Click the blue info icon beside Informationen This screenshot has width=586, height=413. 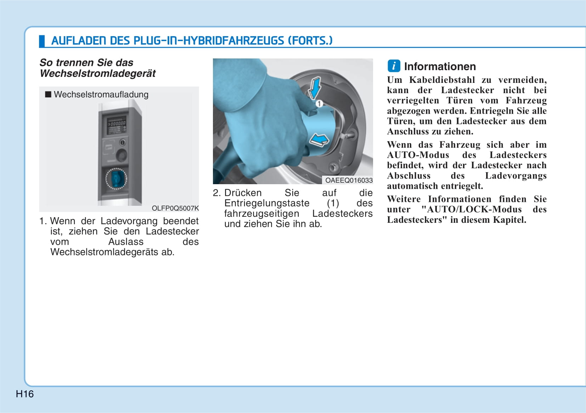click(x=394, y=66)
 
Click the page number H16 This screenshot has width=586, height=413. click(x=25, y=394)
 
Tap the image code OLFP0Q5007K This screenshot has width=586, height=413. click(x=175, y=208)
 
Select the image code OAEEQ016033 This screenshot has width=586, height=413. click(x=349, y=180)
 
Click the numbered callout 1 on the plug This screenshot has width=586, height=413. click(x=319, y=104)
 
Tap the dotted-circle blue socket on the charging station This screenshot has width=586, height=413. click(x=116, y=179)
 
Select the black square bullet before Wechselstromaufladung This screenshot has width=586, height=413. click(x=48, y=95)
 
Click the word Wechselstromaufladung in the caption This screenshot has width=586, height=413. click(x=101, y=95)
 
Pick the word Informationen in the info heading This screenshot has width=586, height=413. click(x=440, y=67)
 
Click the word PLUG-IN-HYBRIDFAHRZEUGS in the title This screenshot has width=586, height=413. click(x=208, y=41)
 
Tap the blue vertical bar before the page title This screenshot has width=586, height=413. click(x=42, y=41)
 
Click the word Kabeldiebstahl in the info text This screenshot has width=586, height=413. click(x=442, y=80)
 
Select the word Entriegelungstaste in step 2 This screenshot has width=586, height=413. click(x=267, y=203)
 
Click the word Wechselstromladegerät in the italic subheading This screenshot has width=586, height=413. click(x=97, y=74)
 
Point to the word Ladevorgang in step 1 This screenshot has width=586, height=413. click(x=129, y=221)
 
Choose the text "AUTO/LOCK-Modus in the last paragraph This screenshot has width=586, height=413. click(x=472, y=209)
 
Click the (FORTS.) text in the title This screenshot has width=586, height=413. click(x=310, y=41)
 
